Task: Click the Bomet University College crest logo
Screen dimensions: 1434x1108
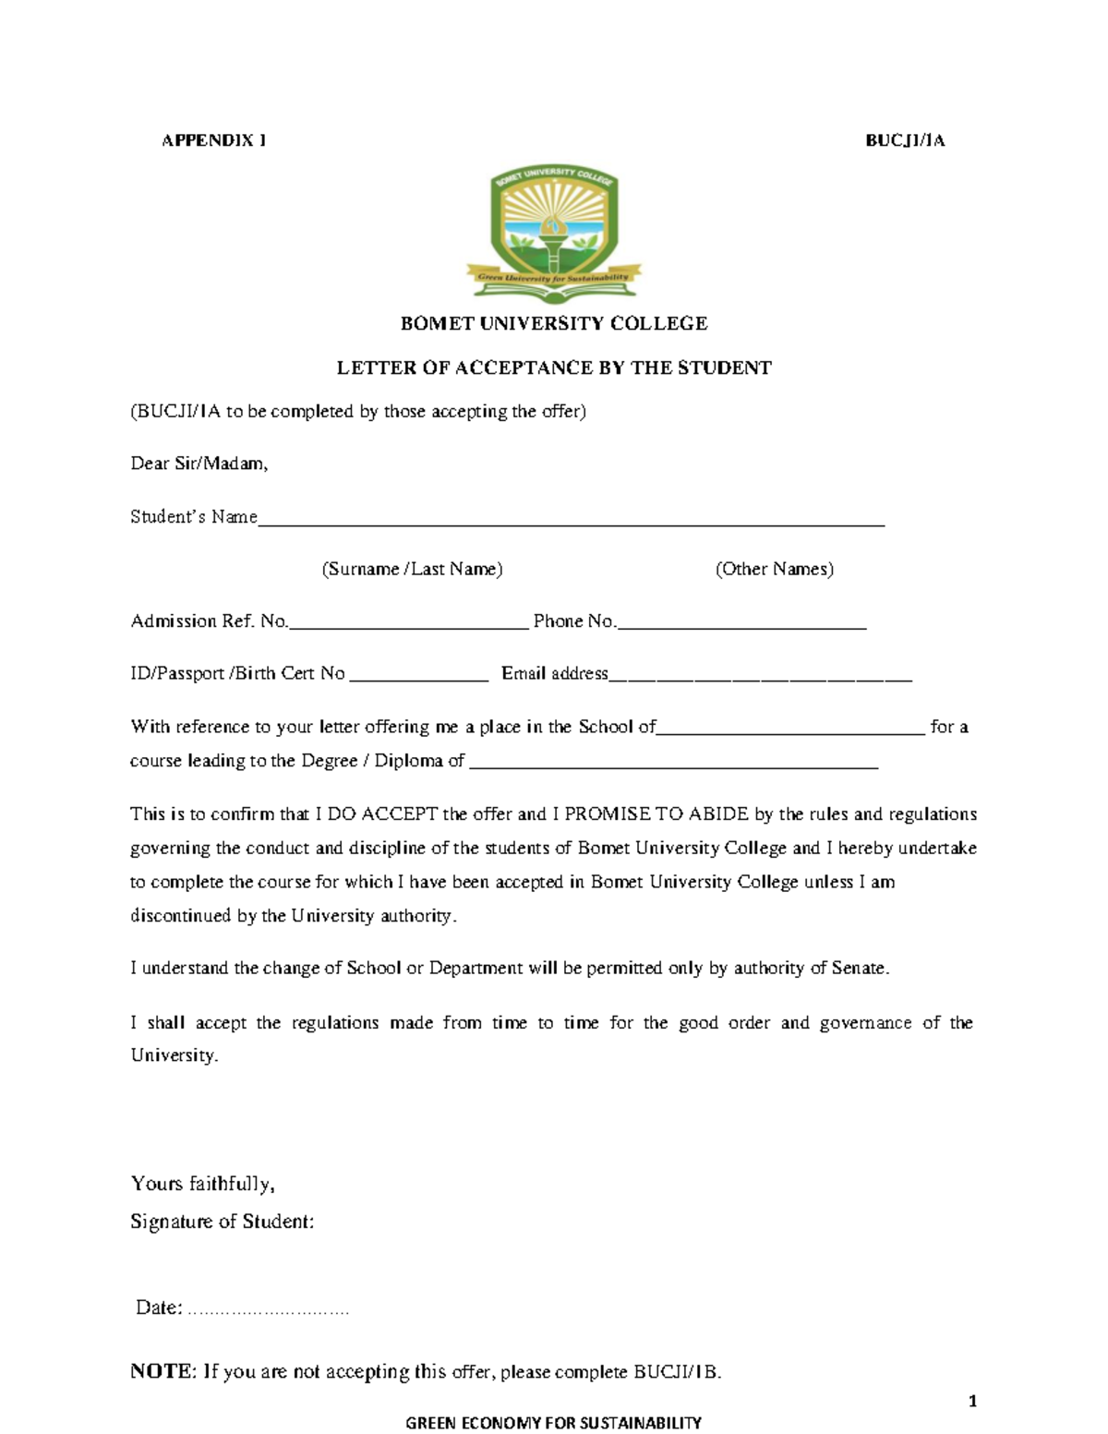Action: point(554,234)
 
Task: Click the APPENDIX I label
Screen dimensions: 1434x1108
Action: point(214,140)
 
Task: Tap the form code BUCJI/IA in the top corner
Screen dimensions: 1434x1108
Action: point(905,140)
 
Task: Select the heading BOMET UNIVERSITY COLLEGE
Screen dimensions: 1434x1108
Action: point(554,323)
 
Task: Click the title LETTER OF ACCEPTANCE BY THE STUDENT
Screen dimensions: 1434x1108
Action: point(554,368)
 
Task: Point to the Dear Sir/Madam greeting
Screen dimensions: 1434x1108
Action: point(199,464)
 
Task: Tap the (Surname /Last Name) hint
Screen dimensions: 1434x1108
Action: point(412,569)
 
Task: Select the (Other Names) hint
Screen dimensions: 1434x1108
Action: point(774,569)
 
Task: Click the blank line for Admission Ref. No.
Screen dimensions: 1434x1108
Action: point(408,626)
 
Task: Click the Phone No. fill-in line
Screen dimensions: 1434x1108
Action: point(741,626)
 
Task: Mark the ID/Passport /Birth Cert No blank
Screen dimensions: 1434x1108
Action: point(418,679)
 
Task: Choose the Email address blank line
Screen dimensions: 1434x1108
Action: point(760,679)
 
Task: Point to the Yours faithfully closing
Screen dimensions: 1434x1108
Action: point(203,1184)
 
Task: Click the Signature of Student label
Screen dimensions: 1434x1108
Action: point(222,1222)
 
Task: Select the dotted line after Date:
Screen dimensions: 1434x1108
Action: point(268,1310)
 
